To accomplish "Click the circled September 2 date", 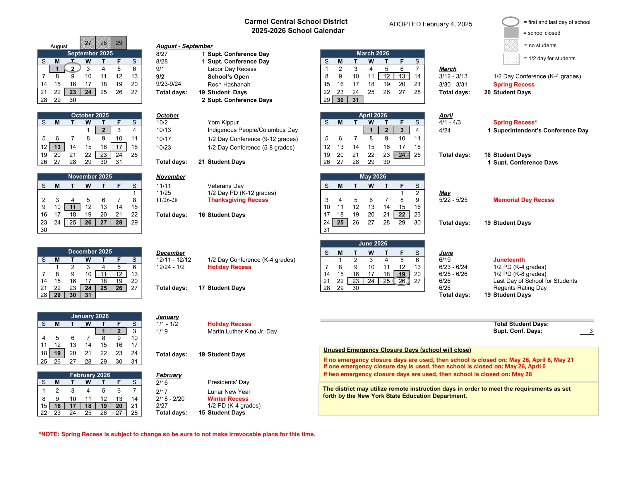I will (73, 69).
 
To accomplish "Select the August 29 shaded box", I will (119, 43).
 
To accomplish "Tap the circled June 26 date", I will (402, 281).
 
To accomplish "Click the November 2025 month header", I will (90, 176).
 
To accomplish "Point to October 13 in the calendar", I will (57, 147).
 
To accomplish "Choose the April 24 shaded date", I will (402, 155).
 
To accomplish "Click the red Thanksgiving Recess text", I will (238, 200).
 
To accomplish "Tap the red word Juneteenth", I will (509, 260).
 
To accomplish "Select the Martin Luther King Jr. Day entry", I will (242, 331).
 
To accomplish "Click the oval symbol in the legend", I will (511, 22).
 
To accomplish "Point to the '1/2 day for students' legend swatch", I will (511, 59).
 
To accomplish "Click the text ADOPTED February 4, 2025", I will (431, 24).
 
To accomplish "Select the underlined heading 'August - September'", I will (184, 46).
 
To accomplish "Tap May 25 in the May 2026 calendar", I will (340, 222).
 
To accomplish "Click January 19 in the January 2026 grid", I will (57, 353).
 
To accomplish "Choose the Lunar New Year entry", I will (229, 391).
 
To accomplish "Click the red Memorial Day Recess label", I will (523, 200).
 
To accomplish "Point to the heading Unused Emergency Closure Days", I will (397, 350).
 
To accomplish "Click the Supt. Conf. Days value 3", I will (591, 331).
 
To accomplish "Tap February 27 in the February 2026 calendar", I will (119, 413).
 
